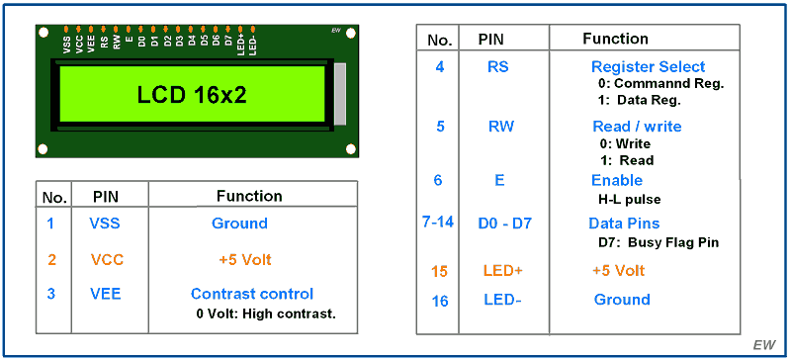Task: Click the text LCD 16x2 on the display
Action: [192, 95]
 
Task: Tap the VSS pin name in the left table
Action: [106, 224]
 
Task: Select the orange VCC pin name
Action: [106, 260]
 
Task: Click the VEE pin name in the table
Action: [106, 294]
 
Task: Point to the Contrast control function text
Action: [251, 294]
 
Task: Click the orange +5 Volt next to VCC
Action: [244, 260]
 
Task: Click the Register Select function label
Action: [648, 66]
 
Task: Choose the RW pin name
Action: [500, 127]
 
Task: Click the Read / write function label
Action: [637, 127]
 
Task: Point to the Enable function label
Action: [617, 180]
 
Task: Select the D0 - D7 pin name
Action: [506, 224]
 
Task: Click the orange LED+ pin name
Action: [502, 270]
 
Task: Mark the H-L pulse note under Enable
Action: [628, 199]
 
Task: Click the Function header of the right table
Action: [615, 40]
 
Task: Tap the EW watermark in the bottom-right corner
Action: [763, 344]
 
